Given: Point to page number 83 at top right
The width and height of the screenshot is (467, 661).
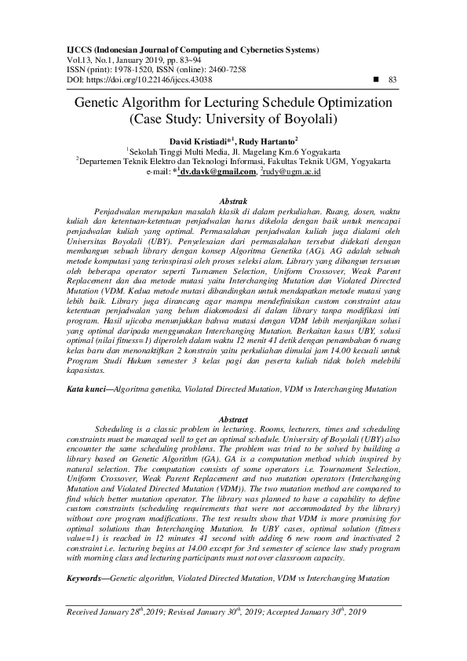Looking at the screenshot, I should coord(393,80).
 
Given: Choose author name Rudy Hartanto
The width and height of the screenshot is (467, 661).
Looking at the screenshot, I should coord(239,140).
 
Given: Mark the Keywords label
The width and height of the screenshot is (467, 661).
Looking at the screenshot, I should coord(86,578).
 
